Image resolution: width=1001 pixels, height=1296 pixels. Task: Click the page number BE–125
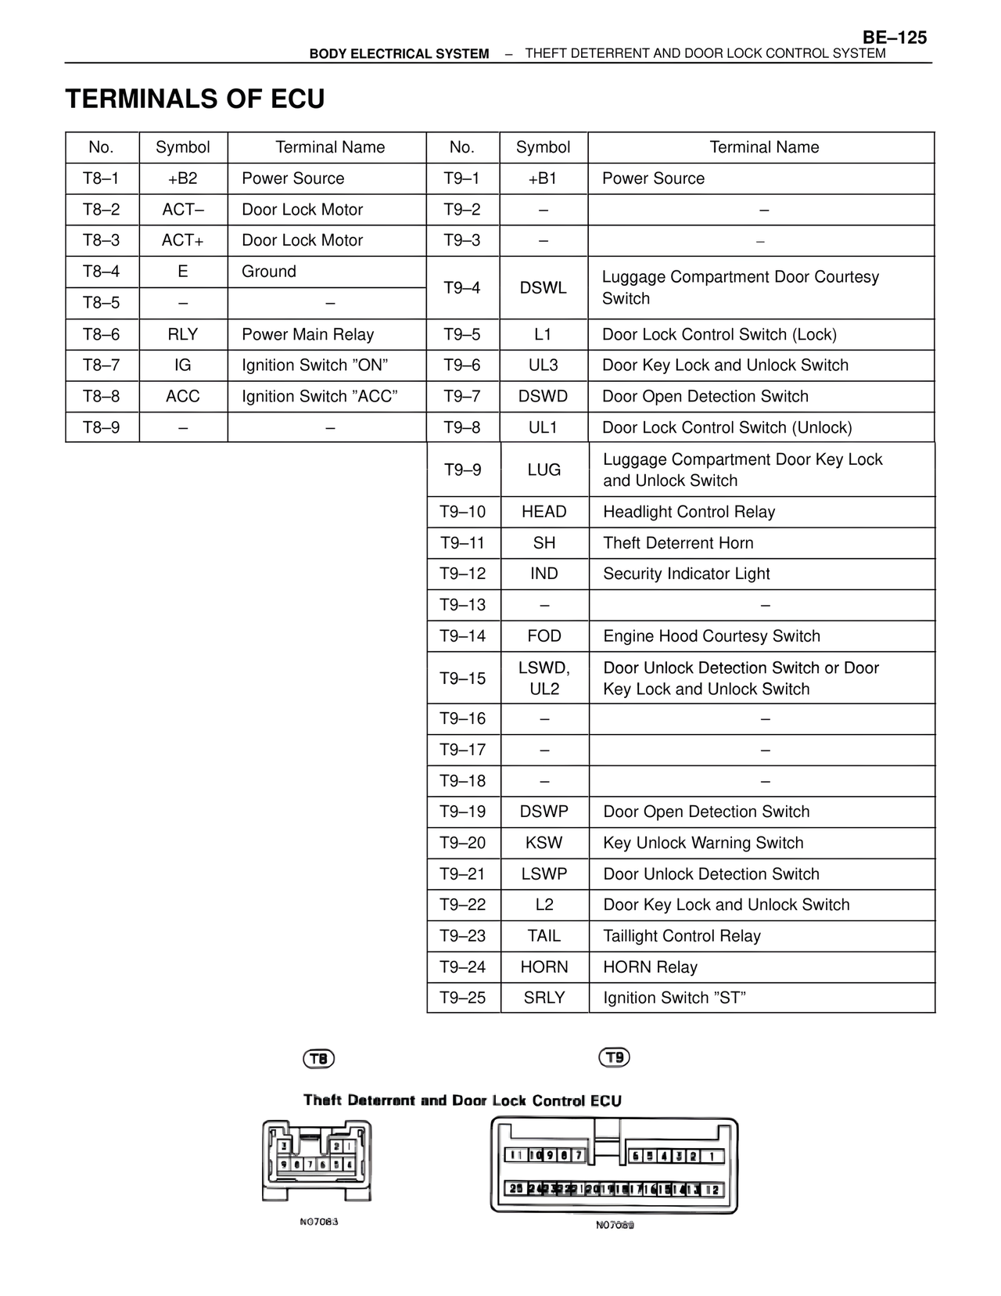click(895, 38)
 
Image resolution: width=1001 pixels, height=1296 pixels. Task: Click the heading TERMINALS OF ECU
click(195, 99)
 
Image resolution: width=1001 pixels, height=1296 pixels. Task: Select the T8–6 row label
click(102, 334)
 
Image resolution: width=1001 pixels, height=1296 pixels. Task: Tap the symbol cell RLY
click(182, 334)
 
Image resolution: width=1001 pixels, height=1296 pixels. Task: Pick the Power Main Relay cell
click(307, 334)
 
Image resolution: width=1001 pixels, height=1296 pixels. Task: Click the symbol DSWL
click(543, 288)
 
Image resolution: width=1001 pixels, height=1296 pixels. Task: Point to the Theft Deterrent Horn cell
click(678, 543)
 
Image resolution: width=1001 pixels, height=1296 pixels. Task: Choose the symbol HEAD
click(544, 512)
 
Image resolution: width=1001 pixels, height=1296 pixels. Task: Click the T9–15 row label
click(463, 679)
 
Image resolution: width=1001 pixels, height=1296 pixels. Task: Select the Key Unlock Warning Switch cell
click(703, 843)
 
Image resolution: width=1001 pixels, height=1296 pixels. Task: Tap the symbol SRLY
click(544, 998)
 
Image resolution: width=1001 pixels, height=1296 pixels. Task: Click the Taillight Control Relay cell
click(681, 936)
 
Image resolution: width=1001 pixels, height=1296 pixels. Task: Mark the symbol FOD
click(544, 636)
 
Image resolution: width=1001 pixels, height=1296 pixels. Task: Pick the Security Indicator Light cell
click(686, 574)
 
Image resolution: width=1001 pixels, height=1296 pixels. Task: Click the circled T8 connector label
click(318, 1059)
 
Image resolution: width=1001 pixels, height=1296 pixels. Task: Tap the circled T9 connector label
click(614, 1057)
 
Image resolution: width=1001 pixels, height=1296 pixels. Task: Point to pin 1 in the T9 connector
click(712, 1156)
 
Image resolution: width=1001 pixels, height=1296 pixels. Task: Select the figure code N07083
click(318, 1222)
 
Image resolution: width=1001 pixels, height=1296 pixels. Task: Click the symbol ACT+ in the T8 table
click(182, 240)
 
